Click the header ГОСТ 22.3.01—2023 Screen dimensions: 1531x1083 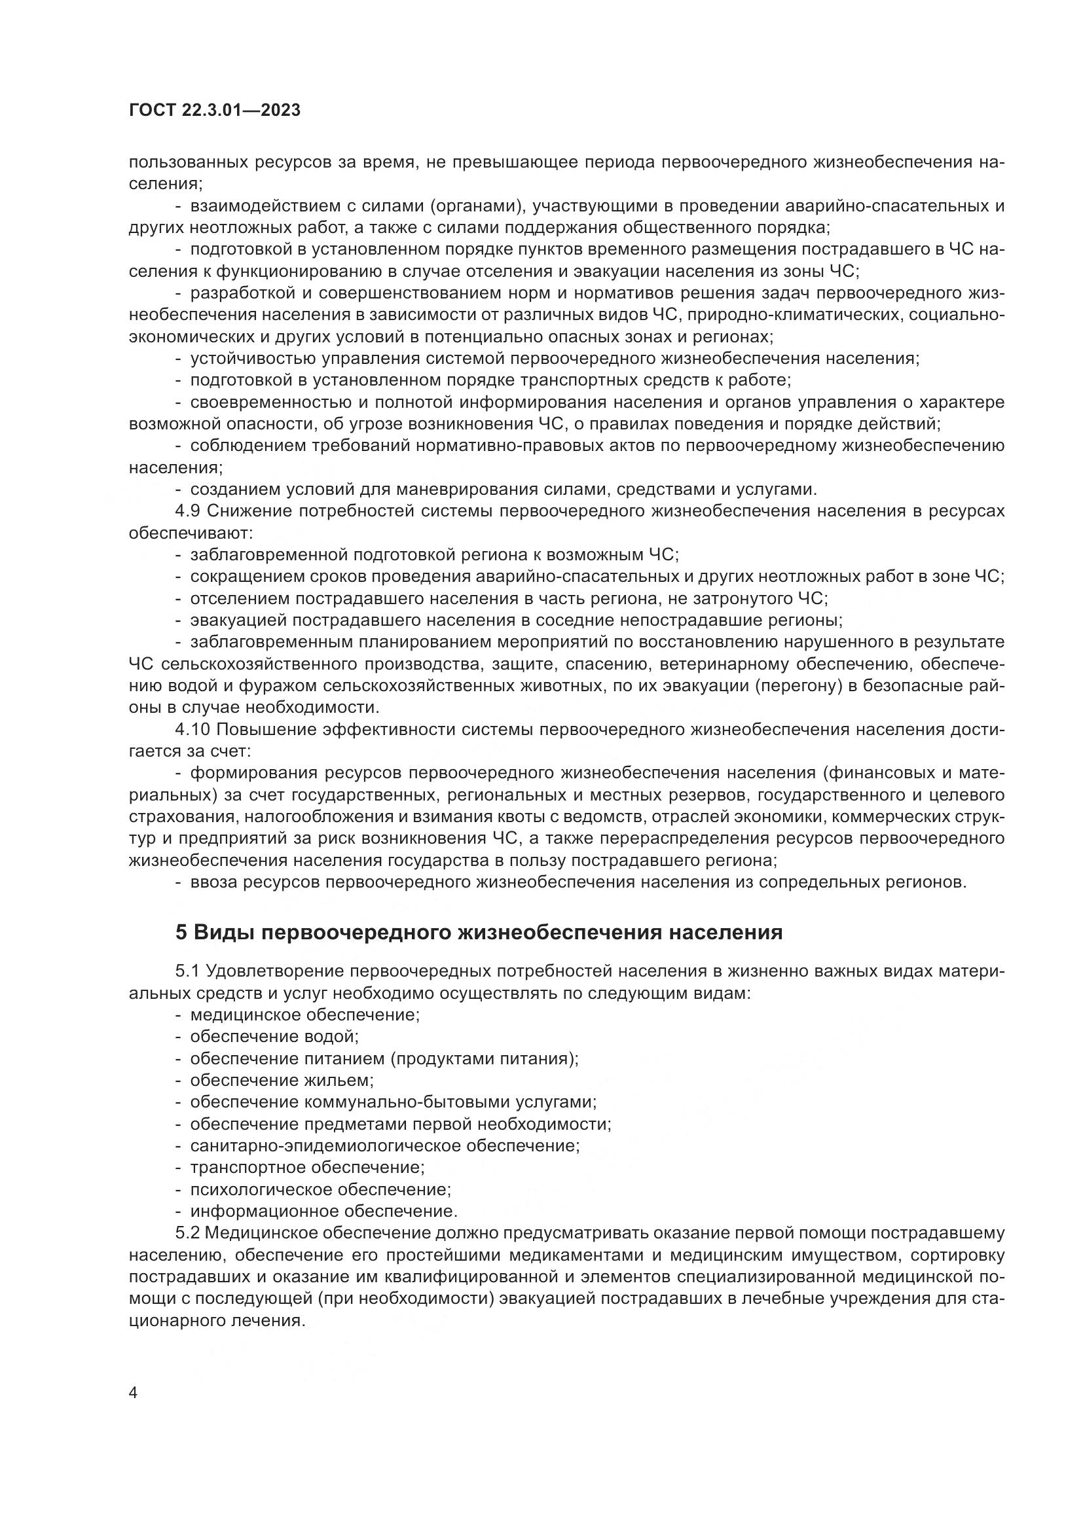click(214, 111)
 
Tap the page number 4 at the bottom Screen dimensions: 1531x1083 click(134, 1394)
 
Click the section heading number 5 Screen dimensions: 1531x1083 click(181, 932)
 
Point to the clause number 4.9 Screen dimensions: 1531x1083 click(189, 511)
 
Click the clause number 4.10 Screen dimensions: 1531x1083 click(193, 729)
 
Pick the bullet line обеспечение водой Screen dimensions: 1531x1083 click(275, 1037)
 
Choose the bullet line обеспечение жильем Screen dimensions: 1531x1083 click(282, 1080)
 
